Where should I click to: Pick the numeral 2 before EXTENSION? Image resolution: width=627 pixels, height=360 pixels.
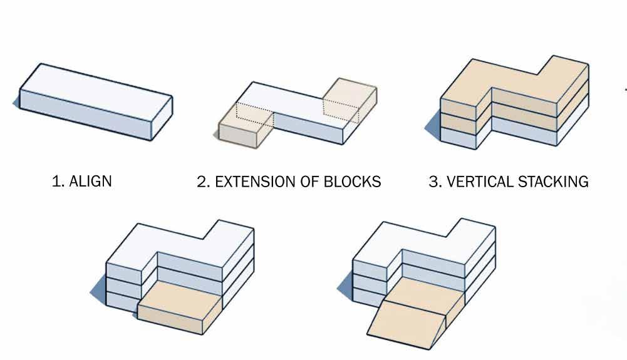click(201, 182)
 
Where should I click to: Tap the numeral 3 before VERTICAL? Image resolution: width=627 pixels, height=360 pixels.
click(433, 182)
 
